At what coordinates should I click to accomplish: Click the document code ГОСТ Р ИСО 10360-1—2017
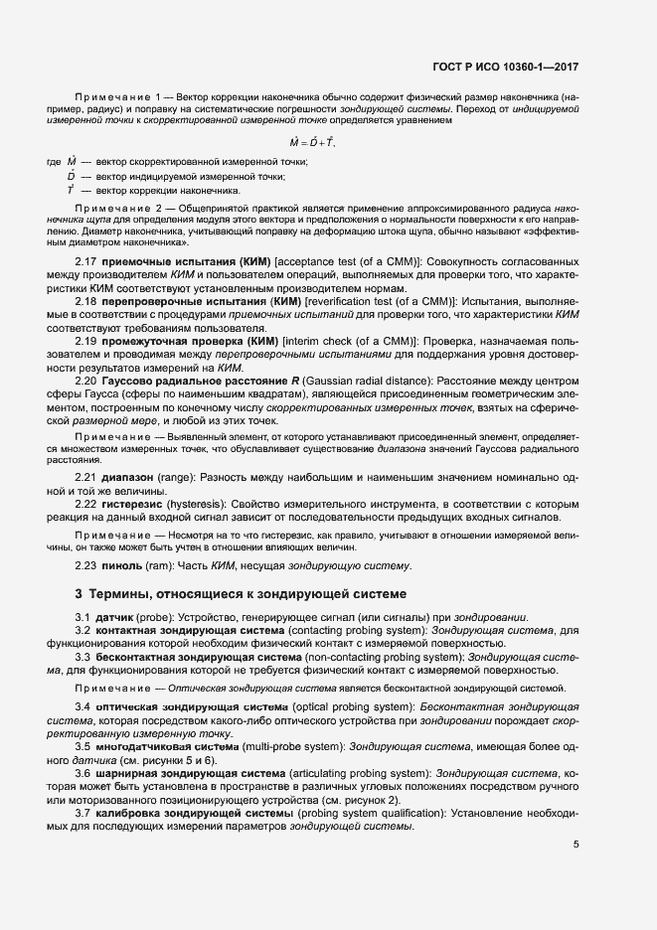click(507, 69)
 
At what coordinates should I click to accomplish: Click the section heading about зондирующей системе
click(242, 594)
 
